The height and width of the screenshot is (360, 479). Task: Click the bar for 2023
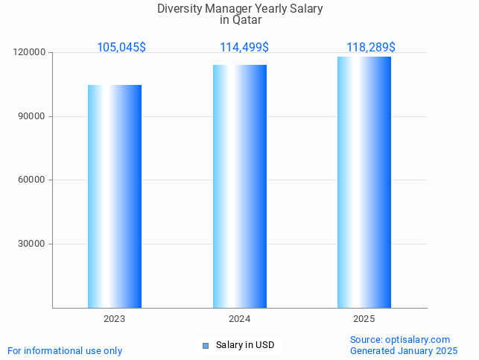coord(115,196)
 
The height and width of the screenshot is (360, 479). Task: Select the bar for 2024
coord(240,186)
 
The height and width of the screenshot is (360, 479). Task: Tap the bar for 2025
coord(364,182)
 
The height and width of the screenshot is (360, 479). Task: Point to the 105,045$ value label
coord(121,48)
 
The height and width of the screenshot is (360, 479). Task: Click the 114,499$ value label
coord(244,48)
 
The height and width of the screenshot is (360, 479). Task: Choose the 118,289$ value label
coord(371,48)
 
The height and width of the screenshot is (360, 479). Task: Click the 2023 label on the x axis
coord(115,319)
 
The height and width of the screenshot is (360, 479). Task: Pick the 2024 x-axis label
coord(240,319)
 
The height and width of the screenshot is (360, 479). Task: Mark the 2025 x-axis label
coord(364,319)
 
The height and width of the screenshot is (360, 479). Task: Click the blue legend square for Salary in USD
coord(206,345)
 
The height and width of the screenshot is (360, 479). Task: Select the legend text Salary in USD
coord(245,345)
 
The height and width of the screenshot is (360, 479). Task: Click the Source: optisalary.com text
coord(400,340)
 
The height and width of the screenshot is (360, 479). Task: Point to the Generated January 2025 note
coord(404,351)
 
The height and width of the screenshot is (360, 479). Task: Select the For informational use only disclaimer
coord(65,351)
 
